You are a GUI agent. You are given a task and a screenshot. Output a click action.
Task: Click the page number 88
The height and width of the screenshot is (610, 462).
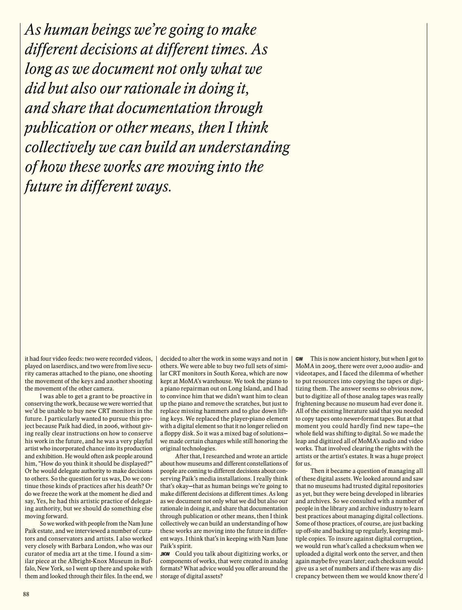(26, 594)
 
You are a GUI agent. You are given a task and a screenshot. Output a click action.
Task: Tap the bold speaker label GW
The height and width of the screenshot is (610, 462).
(300, 359)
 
